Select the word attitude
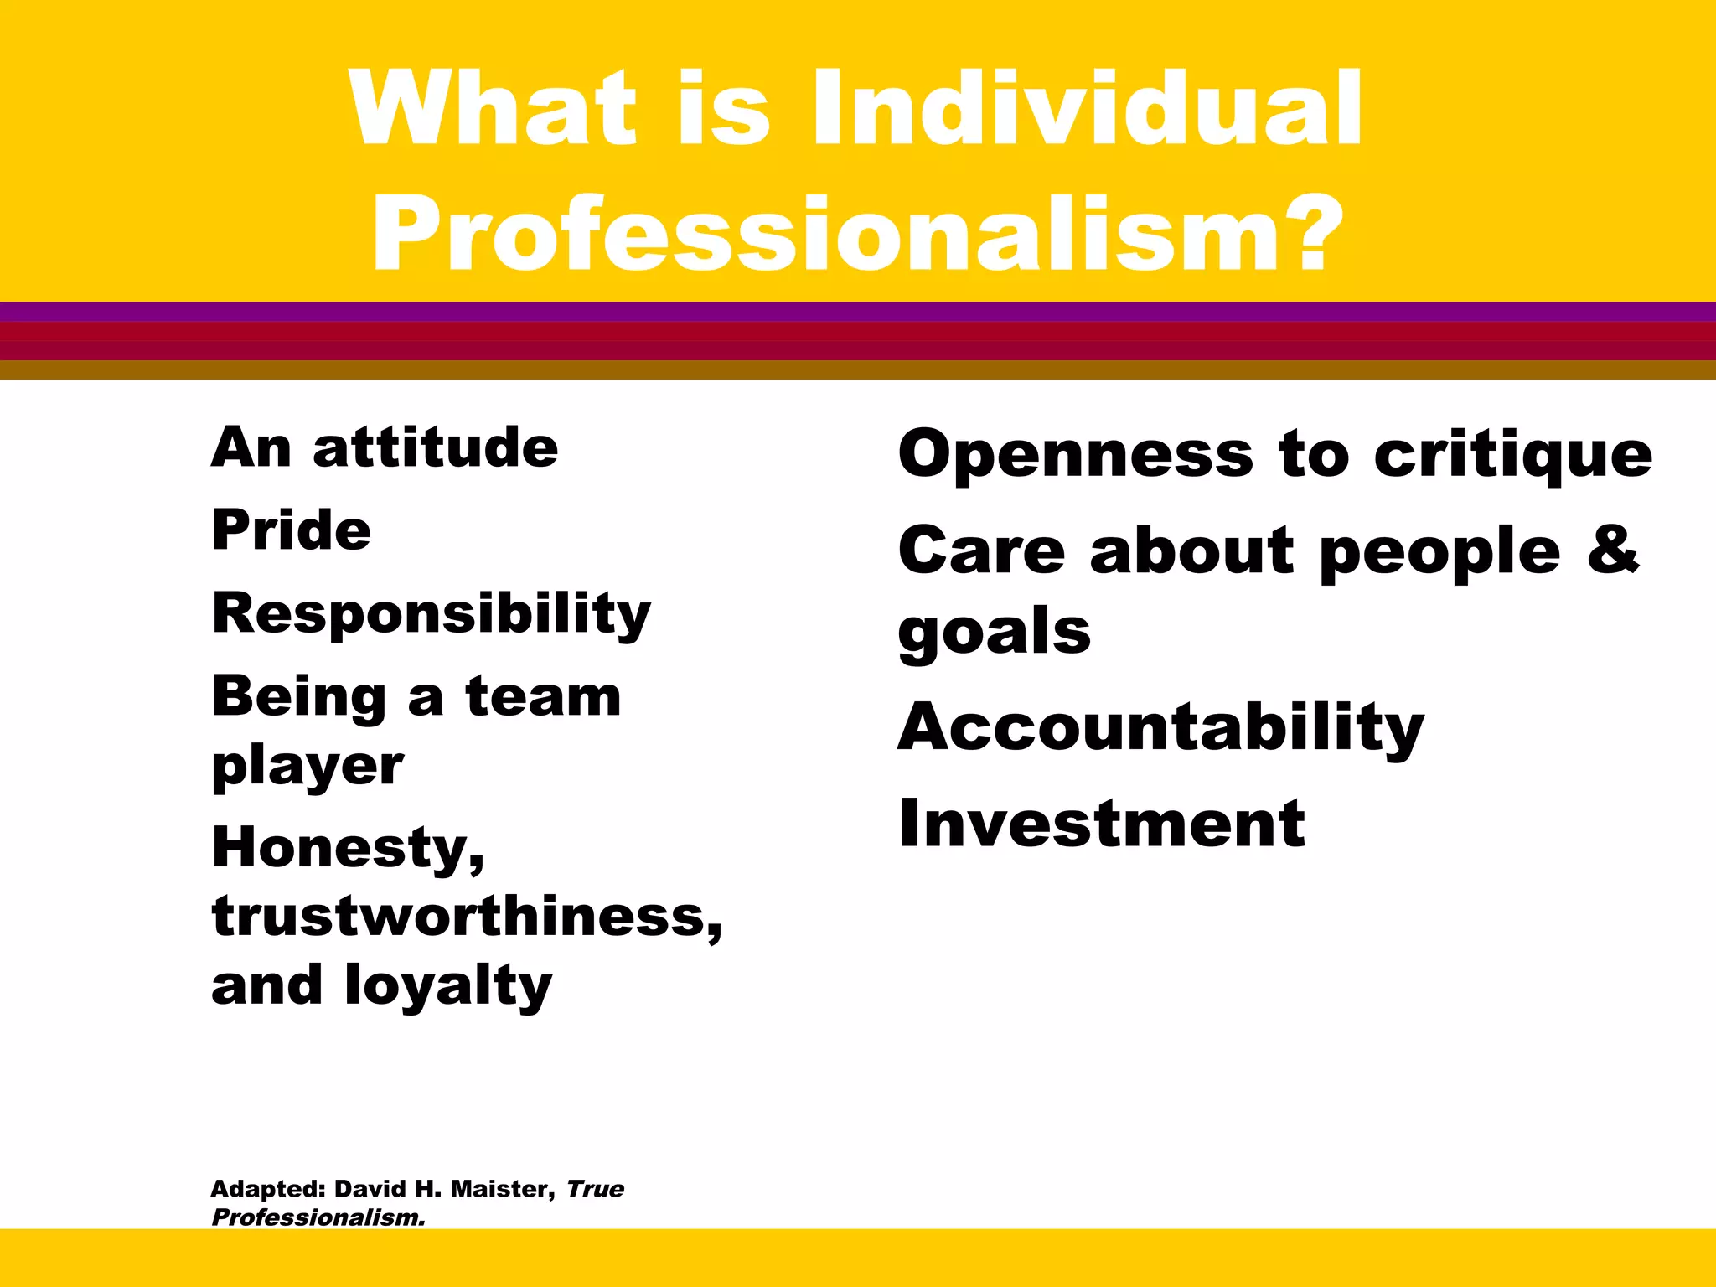click(x=435, y=447)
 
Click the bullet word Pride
click(x=291, y=530)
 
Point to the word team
click(x=543, y=696)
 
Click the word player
click(x=308, y=767)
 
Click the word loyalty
click(x=447, y=986)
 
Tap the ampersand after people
click(x=1612, y=550)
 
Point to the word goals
click(x=994, y=633)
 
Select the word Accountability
click(x=1160, y=727)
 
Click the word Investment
click(x=1101, y=824)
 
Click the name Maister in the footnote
click(x=502, y=1189)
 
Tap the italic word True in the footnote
click(x=595, y=1189)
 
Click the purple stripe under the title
click(x=858, y=312)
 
